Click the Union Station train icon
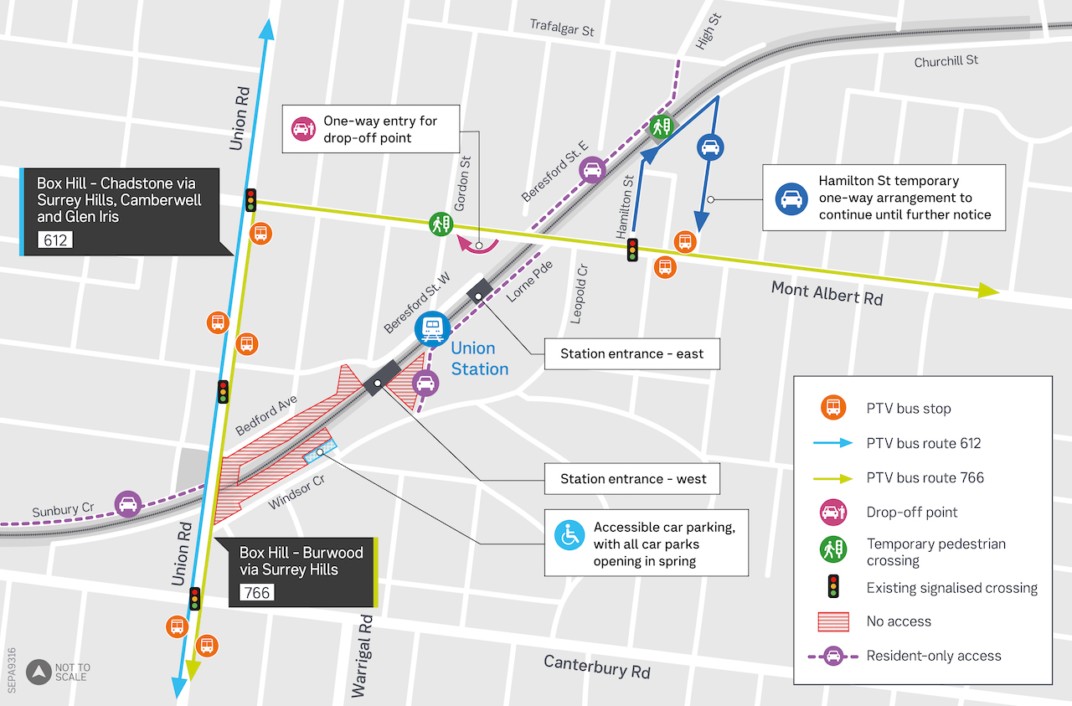tap(432, 327)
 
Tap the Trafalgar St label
tap(561, 27)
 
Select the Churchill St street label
tap(946, 61)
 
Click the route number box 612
tap(56, 241)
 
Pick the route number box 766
tap(256, 593)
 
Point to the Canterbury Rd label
tap(596, 667)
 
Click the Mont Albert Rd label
tap(827, 293)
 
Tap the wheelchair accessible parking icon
tap(569, 533)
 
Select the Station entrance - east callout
tap(631, 354)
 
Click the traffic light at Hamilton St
tap(632, 249)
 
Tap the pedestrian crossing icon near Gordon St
tap(441, 224)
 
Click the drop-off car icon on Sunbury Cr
tap(128, 504)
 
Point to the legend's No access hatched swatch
tap(832, 621)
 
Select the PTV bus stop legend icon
tap(832, 409)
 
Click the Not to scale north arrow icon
tap(38, 672)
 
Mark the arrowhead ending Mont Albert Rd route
tap(988, 290)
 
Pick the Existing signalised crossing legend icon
tap(832, 588)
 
